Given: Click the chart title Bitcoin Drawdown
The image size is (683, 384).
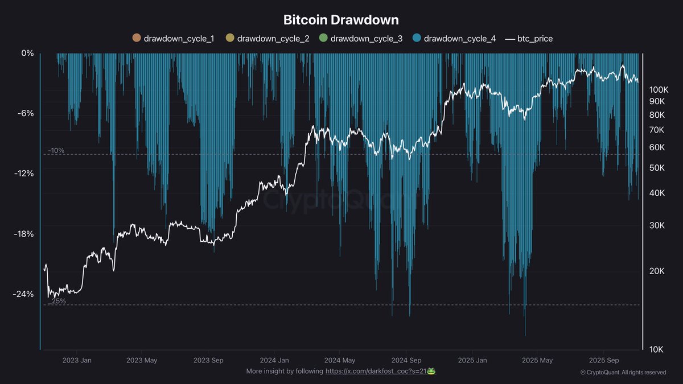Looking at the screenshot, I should point(341,20).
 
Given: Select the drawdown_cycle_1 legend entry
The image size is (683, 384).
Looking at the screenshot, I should point(172,39).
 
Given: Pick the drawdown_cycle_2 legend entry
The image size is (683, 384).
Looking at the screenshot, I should point(266,39).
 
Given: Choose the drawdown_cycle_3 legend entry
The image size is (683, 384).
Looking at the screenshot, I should point(359,39).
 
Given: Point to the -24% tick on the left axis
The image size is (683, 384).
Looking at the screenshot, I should point(23,294).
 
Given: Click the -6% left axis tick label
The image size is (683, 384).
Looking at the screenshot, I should point(26,113).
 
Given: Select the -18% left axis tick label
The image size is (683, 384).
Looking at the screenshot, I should point(23,234).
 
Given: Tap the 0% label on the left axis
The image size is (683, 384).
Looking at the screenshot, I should point(27,53).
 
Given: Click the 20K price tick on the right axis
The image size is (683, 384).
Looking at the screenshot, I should point(656,271).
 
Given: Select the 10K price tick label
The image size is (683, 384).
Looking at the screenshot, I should point(656,349).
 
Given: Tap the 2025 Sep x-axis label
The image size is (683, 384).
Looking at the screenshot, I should point(604,360).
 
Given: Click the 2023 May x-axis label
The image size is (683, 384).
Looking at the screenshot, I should point(141,360).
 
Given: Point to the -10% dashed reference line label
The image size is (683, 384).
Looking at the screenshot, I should point(56,151).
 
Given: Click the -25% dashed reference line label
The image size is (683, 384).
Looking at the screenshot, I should point(56,301).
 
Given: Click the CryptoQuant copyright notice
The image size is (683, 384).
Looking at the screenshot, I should point(623,373).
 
